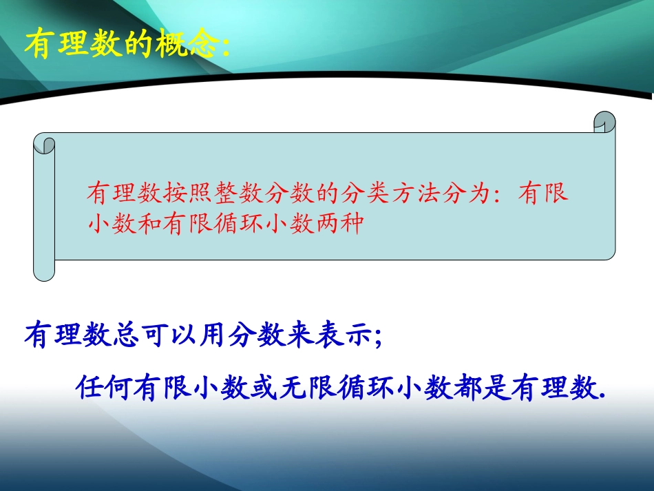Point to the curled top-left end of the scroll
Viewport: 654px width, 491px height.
point(44,144)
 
